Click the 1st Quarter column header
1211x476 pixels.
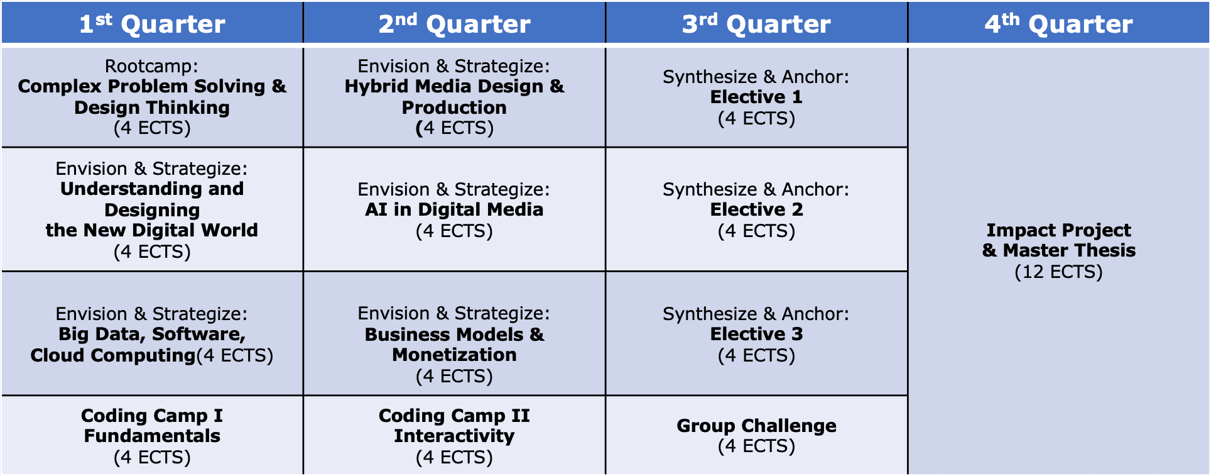(x=152, y=23)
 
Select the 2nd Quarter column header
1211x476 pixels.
(x=454, y=23)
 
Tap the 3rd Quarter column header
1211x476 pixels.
(x=756, y=23)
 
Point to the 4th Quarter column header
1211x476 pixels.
(x=1059, y=23)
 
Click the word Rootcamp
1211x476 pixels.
(x=151, y=66)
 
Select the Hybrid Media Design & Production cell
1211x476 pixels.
(x=454, y=97)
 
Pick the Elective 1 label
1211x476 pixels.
(x=756, y=97)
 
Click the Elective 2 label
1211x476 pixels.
(x=756, y=209)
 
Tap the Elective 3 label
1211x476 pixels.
(x=756, y=334)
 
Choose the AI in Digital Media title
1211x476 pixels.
(x=454, y=209)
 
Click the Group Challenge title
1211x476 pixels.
(x=756, y=426)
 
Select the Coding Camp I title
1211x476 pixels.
(x=152, y=416)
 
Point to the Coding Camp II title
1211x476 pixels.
(x=454, y=416)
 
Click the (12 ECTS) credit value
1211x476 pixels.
(x=1059, y=272)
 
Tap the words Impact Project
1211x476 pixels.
(x=1059, y=230)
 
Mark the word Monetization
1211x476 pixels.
(x=454, y=355)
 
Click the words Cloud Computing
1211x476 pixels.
(x=113, y=355)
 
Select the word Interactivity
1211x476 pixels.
(x=454, y=436)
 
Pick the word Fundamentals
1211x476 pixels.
(x=152, y=436)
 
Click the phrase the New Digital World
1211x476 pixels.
(x=152, y=230)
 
